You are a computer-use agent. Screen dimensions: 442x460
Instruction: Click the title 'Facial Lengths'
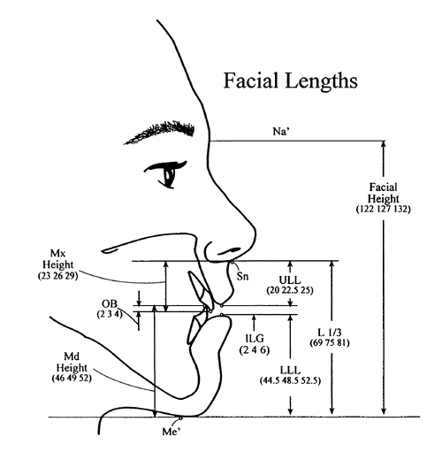(291, 81)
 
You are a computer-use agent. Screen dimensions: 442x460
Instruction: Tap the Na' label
(281, 131)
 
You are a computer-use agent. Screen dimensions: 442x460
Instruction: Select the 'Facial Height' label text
(383, 193)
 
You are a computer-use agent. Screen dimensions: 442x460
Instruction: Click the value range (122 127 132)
(383, 209)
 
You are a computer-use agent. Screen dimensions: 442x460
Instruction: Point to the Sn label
(242, 276)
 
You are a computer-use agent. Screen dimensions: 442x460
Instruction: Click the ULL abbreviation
(290, 280)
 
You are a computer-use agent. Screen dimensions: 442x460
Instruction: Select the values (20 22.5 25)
(290, 290)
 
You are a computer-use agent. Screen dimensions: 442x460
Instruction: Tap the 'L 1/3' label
(330, 333)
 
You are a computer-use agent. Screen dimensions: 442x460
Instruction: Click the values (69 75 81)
(330, 343)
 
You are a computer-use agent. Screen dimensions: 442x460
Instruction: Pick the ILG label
(255, 339)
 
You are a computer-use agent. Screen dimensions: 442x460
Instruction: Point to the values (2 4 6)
(255, 350)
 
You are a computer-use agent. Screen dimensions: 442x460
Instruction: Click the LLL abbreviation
(290, 370)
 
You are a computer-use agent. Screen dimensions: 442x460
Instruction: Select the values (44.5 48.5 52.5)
(290, 380)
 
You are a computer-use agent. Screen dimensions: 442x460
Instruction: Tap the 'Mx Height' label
(58, 259)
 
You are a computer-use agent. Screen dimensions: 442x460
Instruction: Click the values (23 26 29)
(58, 276)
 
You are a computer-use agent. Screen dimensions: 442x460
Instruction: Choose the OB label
(110, 303)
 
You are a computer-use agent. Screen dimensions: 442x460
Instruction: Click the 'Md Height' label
(72, 363)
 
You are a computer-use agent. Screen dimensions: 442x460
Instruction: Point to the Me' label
(171, 432)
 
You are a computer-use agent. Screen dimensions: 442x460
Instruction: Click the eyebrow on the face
(159, 132)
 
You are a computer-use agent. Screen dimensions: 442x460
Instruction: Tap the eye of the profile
(166, 173)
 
